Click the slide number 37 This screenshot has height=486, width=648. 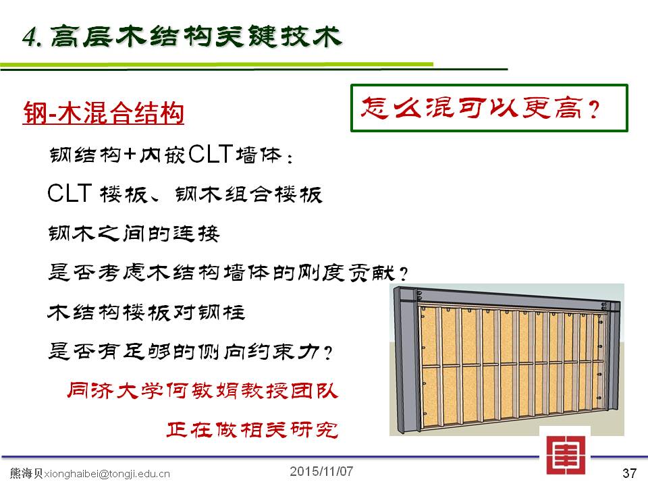pos(629,473)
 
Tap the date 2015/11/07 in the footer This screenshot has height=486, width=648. pos(321,471)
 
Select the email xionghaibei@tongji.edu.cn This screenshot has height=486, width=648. pos(107,474)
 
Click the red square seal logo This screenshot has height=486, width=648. pos(566,454)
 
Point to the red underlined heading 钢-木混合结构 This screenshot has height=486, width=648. pos(103,113)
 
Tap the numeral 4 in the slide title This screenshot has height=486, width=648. pos(30,37)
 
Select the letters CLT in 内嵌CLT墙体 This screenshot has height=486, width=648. pos(211,154)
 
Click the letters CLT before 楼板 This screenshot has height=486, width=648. pos(69,193)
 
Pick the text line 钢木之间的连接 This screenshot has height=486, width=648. pos(134,234)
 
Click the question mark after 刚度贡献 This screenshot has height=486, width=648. pos(404,273)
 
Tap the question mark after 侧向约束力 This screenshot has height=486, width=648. pos(328,353)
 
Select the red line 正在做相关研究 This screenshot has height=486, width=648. pos(252,430)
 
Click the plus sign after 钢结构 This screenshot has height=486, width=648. pos(130,155)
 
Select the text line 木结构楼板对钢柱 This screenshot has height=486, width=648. pos(146,313)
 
